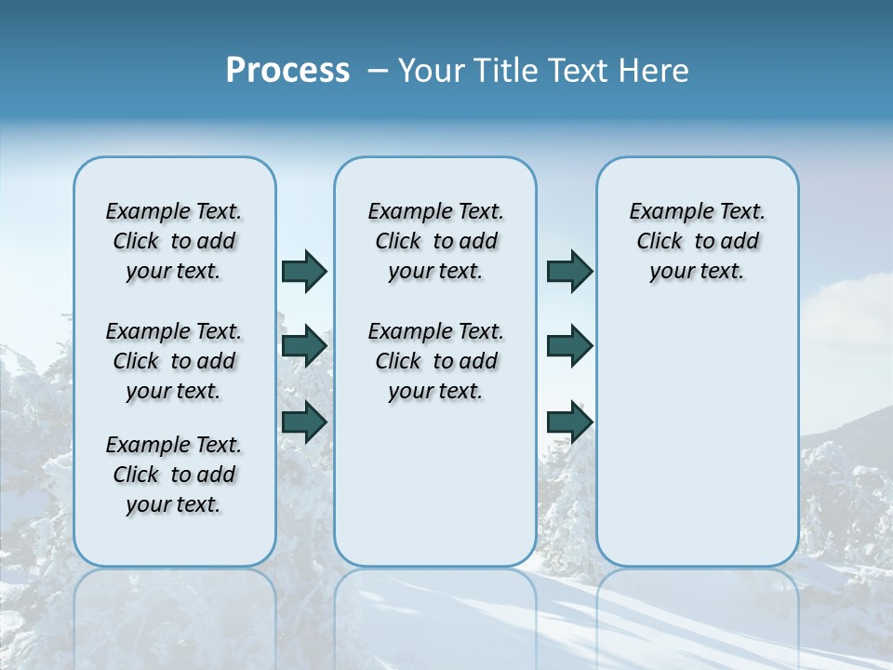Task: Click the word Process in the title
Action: pyautogui.click(x=287, y=70)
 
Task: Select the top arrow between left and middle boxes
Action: pyautogui.click(x=304, y=271)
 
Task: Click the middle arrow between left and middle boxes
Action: pyautogui.click(x=304, y=346)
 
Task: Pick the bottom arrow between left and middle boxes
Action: pyautogui.click(x=304, y=422)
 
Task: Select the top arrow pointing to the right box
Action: pyautogui.click(x=569, y=271)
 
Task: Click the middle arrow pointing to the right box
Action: pyautogui.click(x=569, y=346)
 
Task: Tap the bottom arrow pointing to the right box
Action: pyautogui.click(x=569, y=422)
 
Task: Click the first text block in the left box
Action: pyautogui.click(x=174, y=241)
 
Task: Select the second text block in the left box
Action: pyautogui.click(x=174, y=361)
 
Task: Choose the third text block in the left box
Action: pyautogui.click(x=174, y=475)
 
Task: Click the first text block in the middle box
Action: pyautogui.click(x=435, y=241)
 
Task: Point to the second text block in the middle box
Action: pyautogui.click(x=435, y=361)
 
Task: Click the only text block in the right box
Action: pyautogui.click(x=697, y=241)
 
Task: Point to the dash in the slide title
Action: pyautogui.click(x=378, y=71)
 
